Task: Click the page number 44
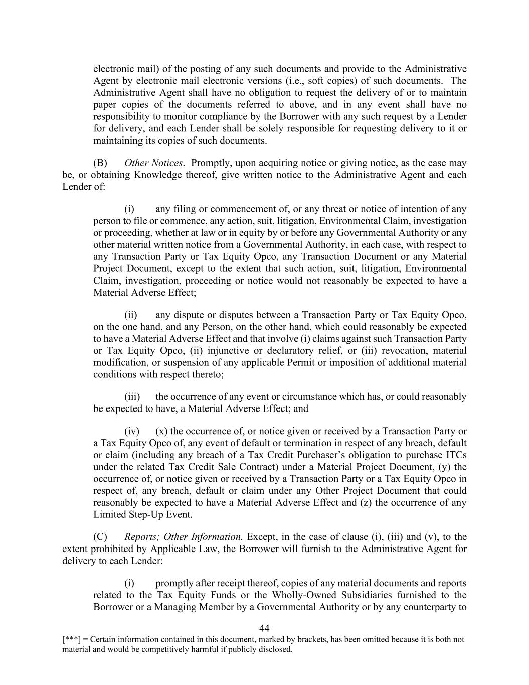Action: click(264, 628)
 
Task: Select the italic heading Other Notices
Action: click(153, 163)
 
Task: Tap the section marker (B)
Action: click(100, 163)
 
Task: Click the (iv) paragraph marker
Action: click(132, 431)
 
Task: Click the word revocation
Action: click(401, 351)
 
